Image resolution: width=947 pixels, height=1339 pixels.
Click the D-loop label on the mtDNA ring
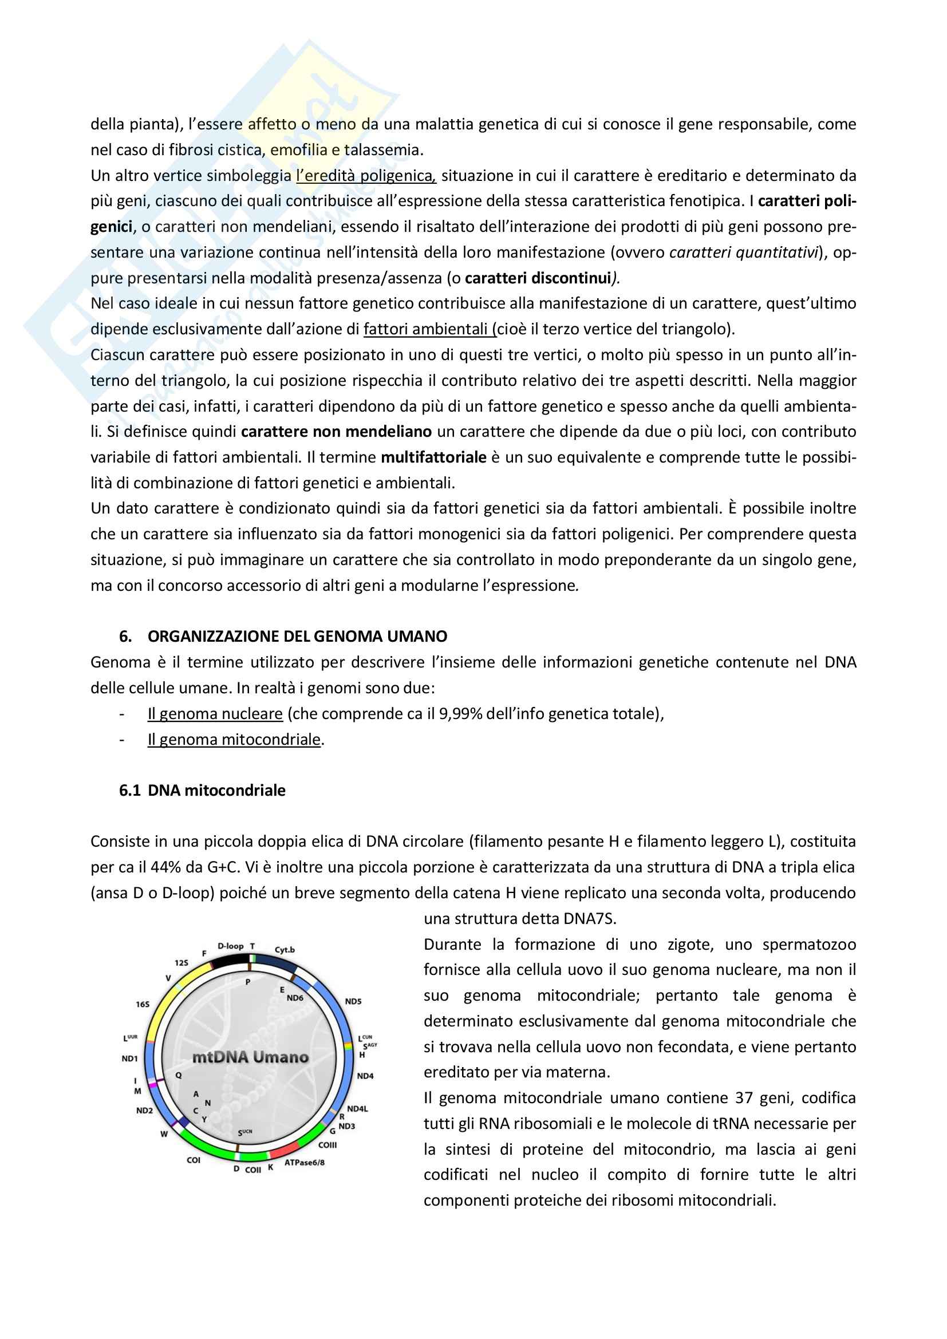[230, 946]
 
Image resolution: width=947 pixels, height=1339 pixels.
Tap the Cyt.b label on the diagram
[285, 949]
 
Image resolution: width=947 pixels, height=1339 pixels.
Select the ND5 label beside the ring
[353, 1001]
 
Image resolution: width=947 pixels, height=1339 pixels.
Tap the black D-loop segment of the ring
[230, 961]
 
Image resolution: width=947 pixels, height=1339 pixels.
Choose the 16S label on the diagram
[143, 1004]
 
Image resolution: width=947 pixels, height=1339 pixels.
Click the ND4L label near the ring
[357, 1109]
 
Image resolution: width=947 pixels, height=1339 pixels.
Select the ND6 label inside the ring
[295, 998]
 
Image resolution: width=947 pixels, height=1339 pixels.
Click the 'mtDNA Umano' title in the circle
[250, 1057]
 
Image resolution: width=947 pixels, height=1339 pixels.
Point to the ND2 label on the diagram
[144, 1111]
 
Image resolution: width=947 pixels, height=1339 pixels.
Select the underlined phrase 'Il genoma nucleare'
[215, 714]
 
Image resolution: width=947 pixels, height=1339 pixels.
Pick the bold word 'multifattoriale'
[433, 457]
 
